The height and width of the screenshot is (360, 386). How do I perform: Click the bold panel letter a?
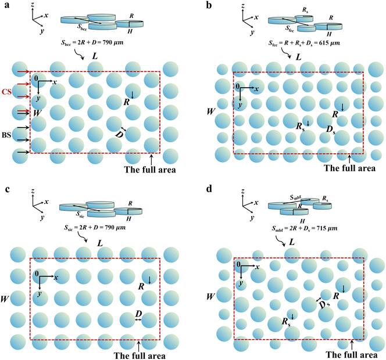click(x=7, y=5)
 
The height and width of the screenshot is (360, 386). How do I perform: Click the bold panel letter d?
click(x=209, y=189)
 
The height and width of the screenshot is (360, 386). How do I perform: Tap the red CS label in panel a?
click(x=6, y=92)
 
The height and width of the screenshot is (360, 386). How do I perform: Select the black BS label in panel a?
click(x=6, y=135)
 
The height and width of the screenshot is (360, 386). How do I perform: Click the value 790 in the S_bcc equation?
click(x=107, y=42)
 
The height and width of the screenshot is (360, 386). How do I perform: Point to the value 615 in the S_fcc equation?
click(x=324, y=43)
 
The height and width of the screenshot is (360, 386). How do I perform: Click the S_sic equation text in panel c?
click(x=95, y=228)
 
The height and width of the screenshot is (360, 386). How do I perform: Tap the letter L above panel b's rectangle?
click(x=298, y=57)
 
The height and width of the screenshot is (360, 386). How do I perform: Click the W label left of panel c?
click(x=5, y=299)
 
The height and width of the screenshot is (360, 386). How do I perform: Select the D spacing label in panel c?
click(x=138, y=314)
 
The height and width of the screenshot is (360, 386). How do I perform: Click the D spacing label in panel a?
click(x=119, y=135)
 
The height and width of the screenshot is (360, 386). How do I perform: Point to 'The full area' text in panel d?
click(x=352, y=355)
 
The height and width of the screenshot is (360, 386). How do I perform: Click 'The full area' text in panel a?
click(x=150, y=170)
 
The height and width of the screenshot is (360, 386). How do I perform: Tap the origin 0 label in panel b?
click(x=238, y=87)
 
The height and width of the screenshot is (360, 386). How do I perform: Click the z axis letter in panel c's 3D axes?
click(x=33, y=191)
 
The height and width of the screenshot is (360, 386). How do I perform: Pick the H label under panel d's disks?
click(x=302, y=221)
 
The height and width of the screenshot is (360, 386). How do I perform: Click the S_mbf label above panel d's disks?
click(x=296, y=197)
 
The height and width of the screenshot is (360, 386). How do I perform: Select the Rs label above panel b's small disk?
click(x=305, y=10)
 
